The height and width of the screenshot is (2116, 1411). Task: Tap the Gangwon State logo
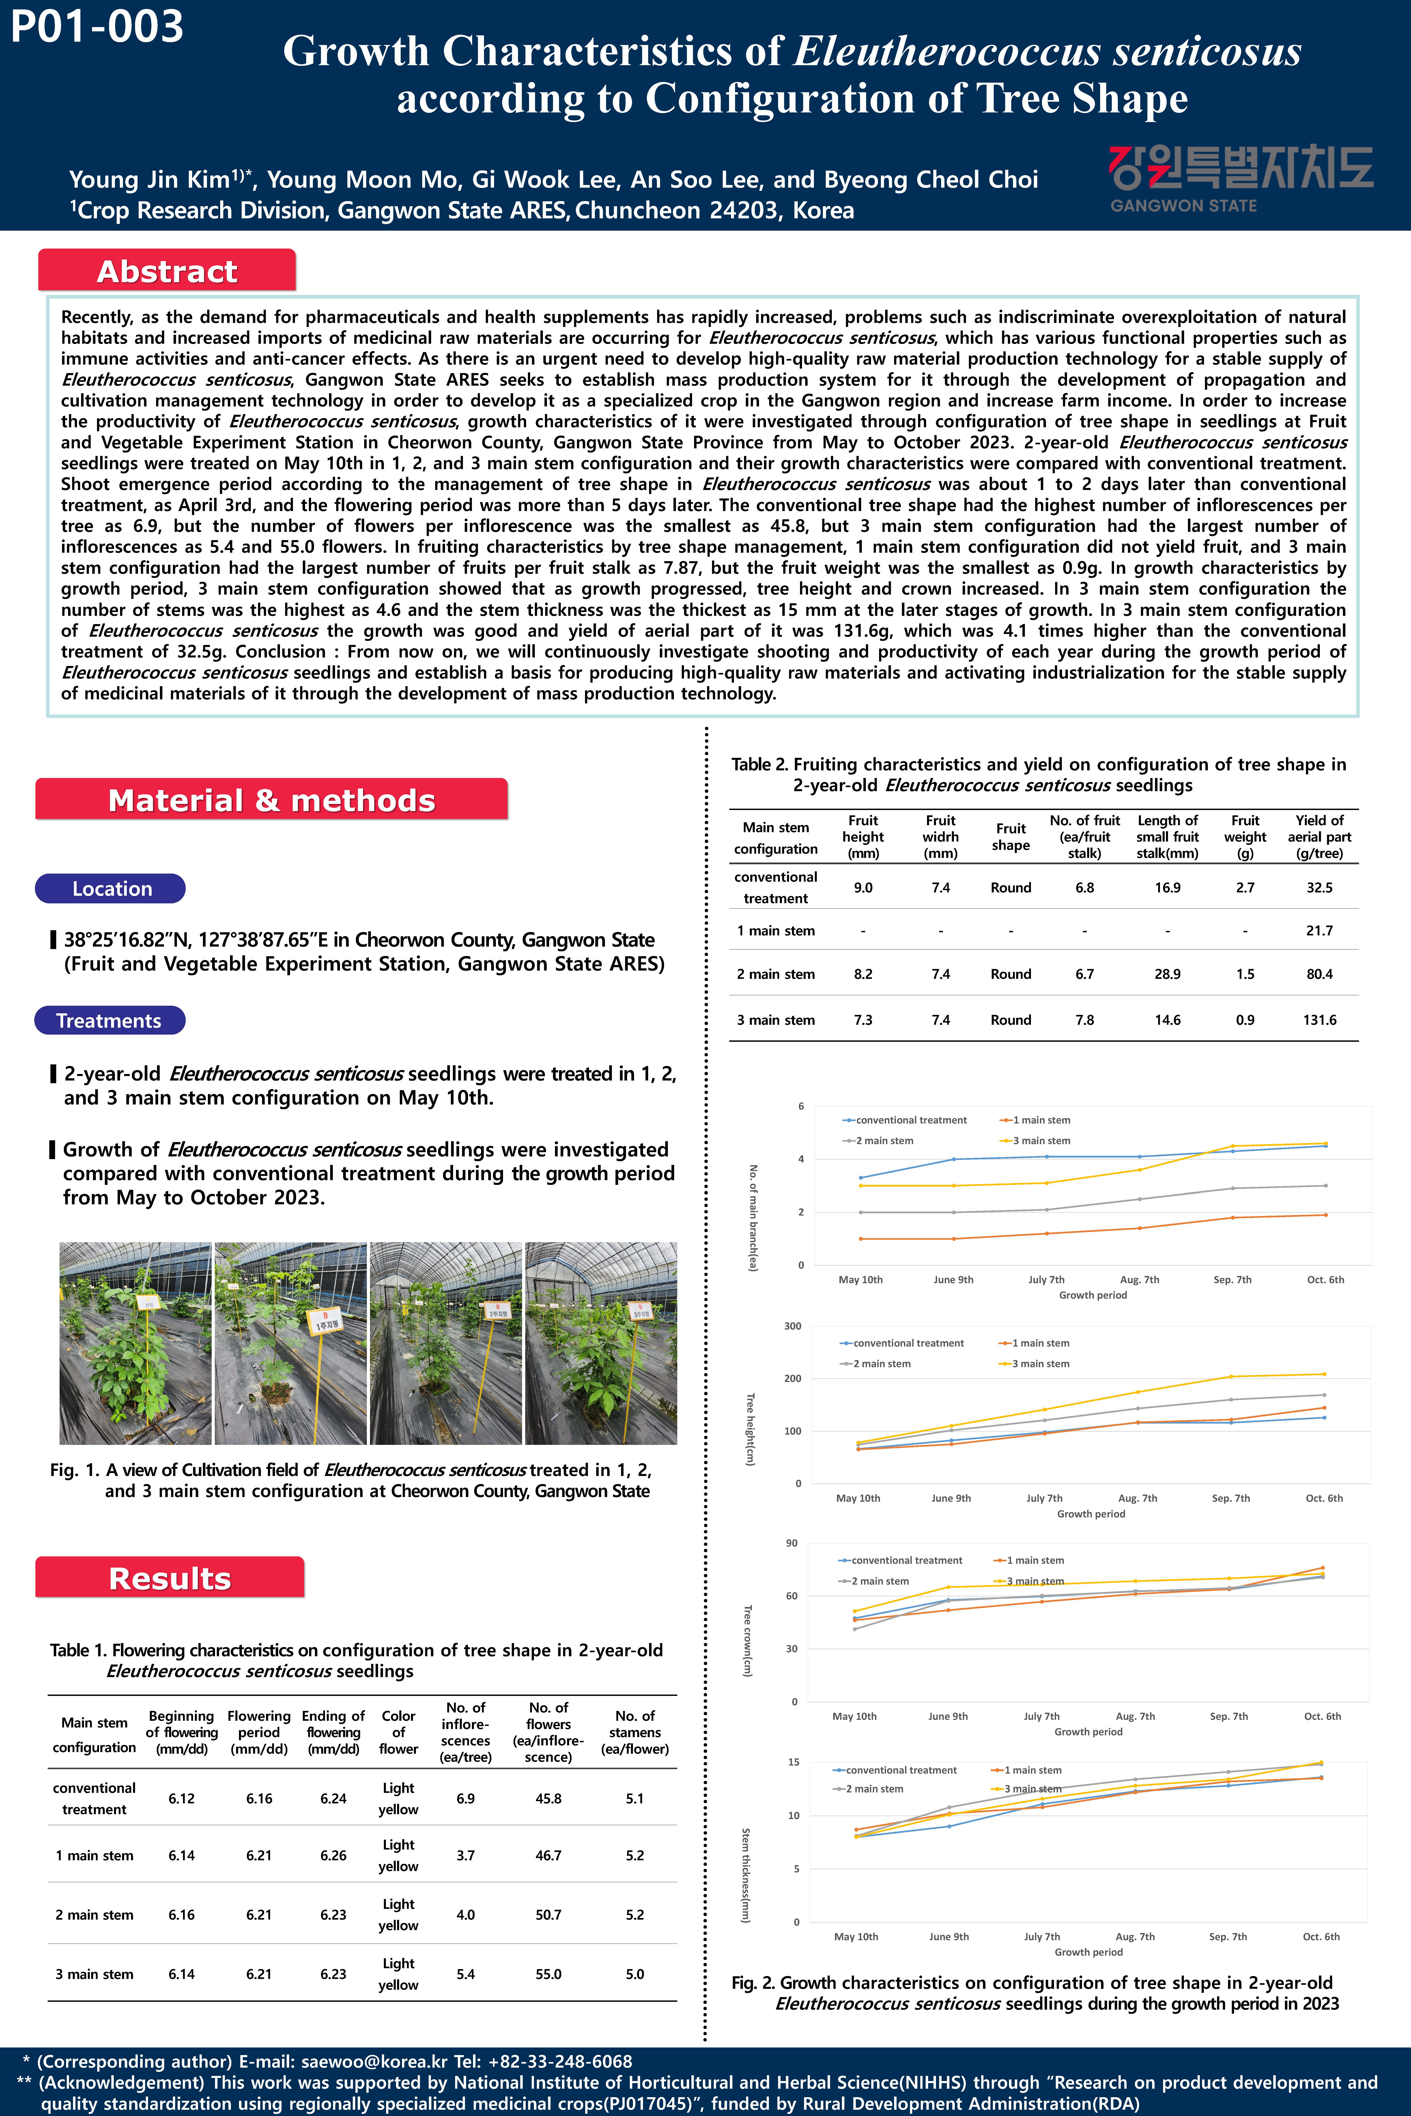1240,178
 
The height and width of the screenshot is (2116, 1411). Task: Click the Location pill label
112,889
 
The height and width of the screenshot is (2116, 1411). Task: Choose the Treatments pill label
109,1020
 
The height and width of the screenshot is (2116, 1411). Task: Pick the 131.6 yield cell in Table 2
1319,1019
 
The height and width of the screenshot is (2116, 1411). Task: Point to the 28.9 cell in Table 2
1167,973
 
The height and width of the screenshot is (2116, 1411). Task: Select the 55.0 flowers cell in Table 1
548,1974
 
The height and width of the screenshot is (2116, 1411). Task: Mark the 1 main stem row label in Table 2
776,930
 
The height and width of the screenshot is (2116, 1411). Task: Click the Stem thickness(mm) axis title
745,1875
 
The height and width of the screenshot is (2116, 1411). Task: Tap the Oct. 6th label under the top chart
1325,1279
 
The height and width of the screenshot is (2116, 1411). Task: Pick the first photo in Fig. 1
135,1343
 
